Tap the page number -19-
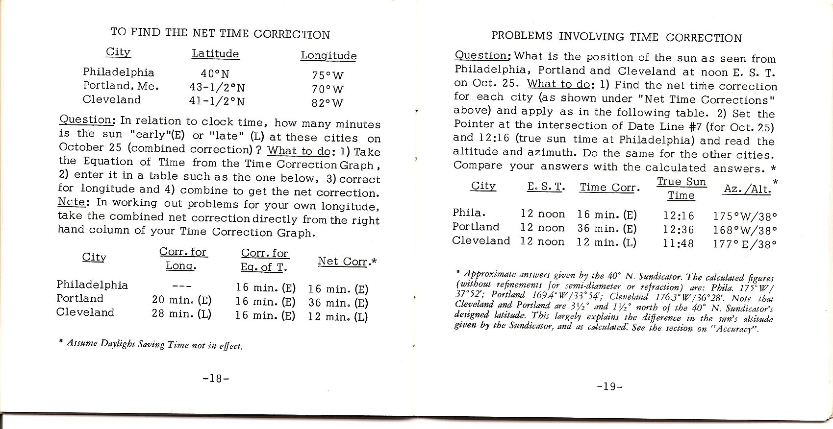point(610,386)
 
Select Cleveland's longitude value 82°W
point(328,103)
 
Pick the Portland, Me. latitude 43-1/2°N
point(217,88)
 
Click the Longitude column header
point(328,56)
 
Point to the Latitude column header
point(215,54)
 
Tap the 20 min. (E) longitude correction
point(181,300)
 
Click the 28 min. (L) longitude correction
point(181,313)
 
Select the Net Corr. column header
point(346,261)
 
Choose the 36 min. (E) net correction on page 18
point(338,303)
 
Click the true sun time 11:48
point(678,243)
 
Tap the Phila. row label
point(469,213)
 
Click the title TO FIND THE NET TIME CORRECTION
point(220,33)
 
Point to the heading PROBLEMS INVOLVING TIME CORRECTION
point(616,37)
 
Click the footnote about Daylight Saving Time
point(150,345)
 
